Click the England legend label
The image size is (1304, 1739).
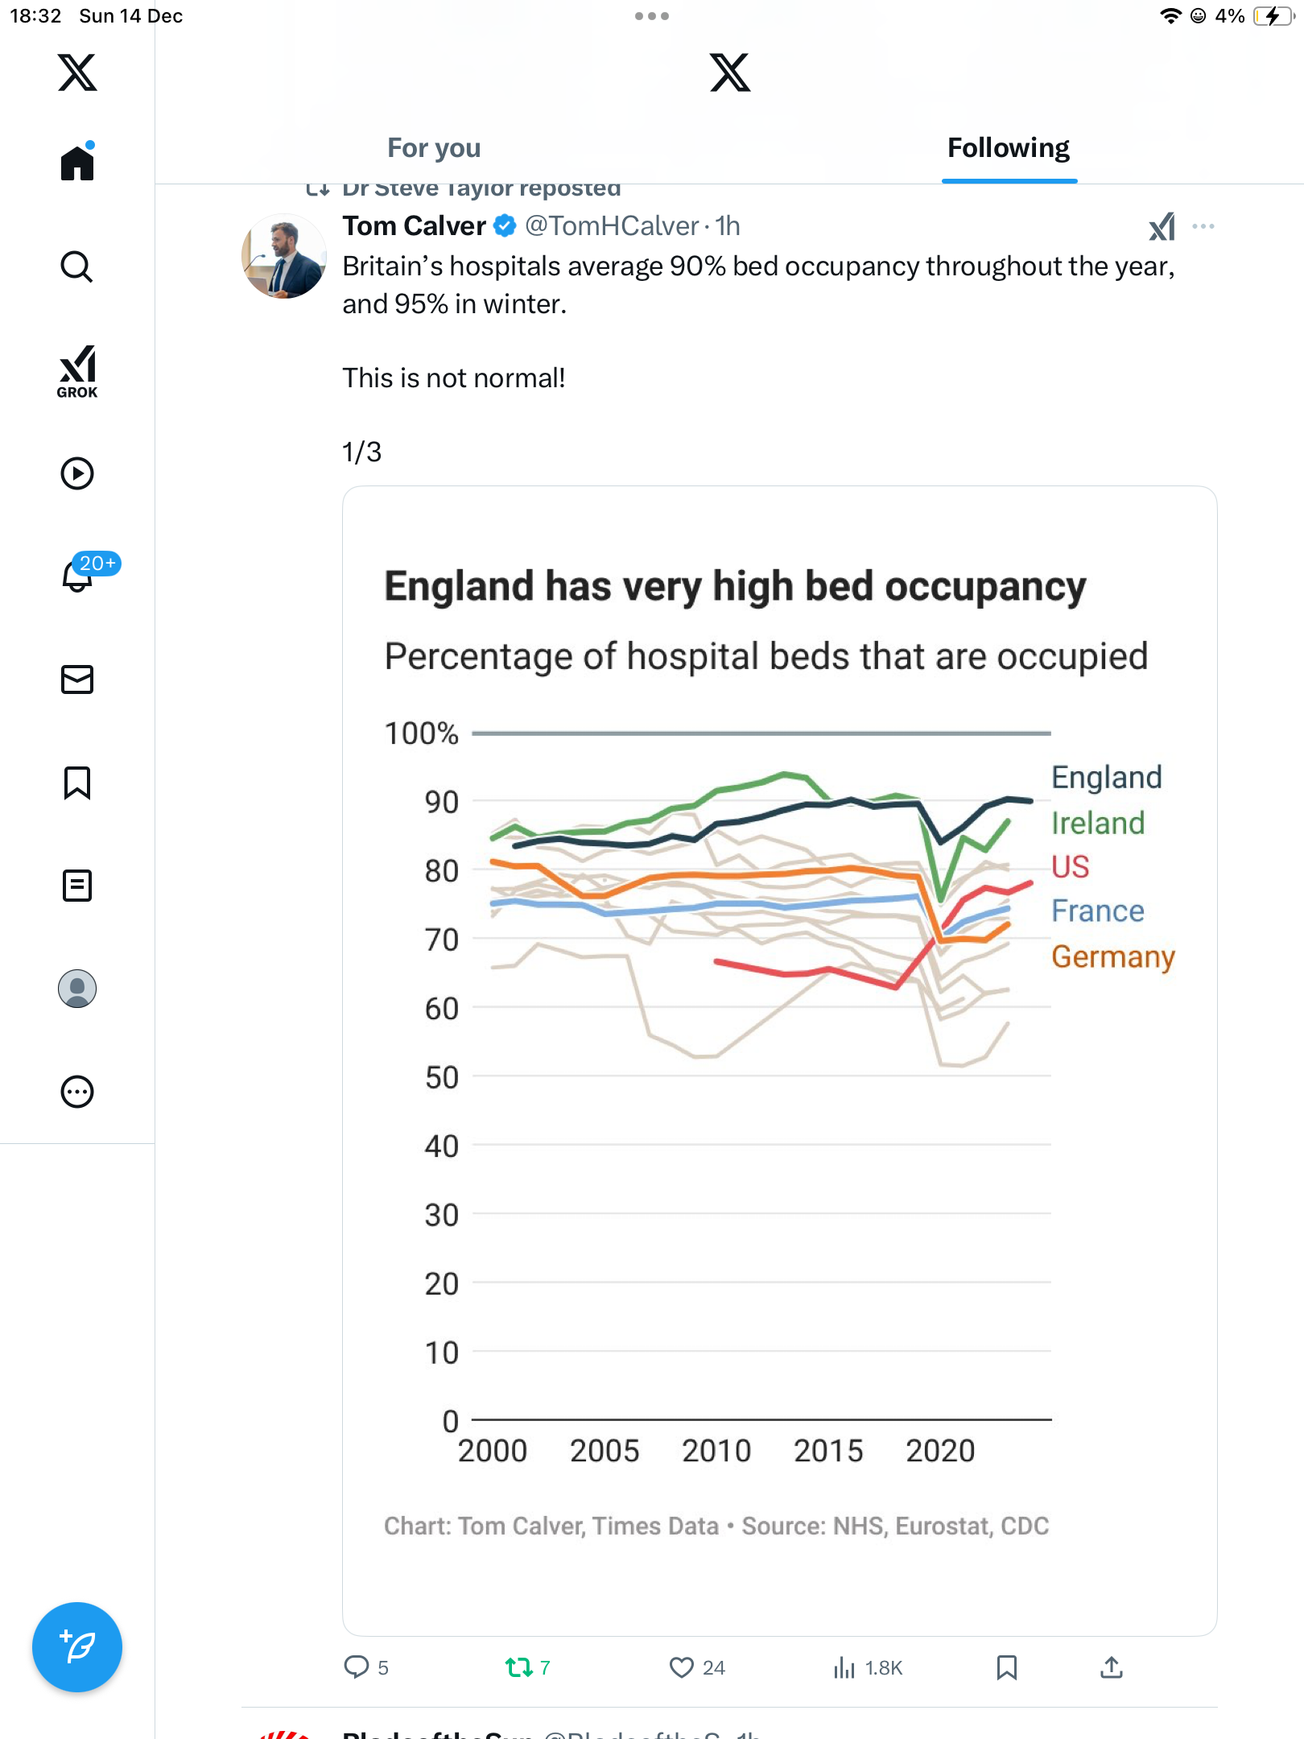click(x=1106, y=778)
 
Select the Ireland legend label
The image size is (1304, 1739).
click(x=1097, y=823)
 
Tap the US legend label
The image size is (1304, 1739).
click(x=1070, y=867)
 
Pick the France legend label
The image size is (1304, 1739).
click(x=1097, y=911)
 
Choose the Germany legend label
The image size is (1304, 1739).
click(x=1112, y=956)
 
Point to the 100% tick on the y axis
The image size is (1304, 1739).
click(x=421, y=733)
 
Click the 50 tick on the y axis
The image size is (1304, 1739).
click(x=441, y=1077)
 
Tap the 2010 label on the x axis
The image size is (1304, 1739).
click(x=716, y=1451)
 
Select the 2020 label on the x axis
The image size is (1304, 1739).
click(x=939, y=1451)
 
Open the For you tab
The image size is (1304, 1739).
click(x=434, y=148)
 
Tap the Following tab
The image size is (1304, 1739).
click(x=1009, y=148)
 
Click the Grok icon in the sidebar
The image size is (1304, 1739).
click(x=77, y=371)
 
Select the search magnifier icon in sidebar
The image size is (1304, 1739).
click(x=77, y=266)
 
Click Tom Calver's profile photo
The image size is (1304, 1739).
click(x=284, y=256)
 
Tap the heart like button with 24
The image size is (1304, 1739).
click(x=682, y=1667)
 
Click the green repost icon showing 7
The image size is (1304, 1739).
click(x=519, y=1667)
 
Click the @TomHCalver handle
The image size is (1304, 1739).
click(x=612, y=226)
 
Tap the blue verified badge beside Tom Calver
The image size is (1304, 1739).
click(x=505, y=226)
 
